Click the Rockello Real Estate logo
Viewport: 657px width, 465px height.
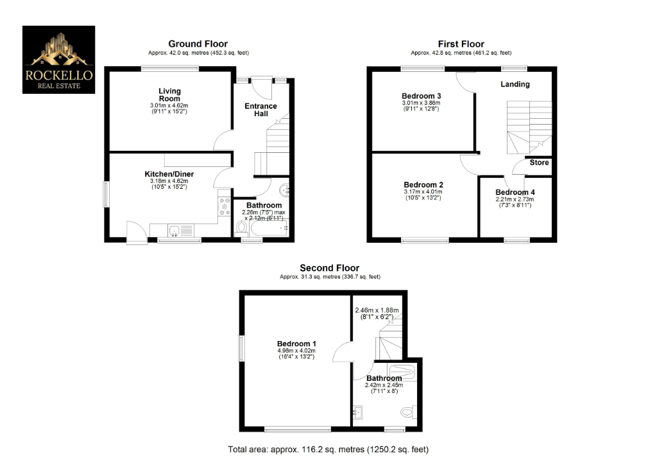[x=59, y=60]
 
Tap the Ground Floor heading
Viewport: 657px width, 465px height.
[x=198, y=44]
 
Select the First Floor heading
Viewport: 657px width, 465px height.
[x=461, y=44]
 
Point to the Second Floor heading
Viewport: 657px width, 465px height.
[x=330, y=268]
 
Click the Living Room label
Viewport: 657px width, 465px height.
[x=170, y=95]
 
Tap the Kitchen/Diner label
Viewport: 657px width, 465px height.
[x=169, y=174]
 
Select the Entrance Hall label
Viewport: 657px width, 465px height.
[x=261, y=110]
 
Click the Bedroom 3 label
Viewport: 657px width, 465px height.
[x=421, y=96]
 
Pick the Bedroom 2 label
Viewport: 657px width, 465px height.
[x=423, y=184]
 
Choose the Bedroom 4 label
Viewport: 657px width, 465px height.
[x=515, y=192]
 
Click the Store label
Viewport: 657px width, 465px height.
[x=539, y=162]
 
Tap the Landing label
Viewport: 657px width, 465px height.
[x=515, y=84]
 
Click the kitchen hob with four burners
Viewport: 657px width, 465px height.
[x=225, y=206]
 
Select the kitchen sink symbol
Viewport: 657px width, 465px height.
[x=175, y=231]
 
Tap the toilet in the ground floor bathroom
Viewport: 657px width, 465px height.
[x=241, y=227]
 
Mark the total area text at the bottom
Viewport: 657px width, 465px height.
[x=328, y=449]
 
